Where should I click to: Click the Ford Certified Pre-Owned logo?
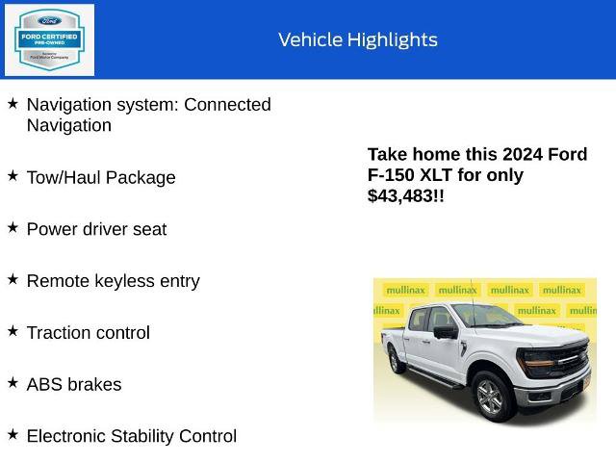[x=50, y=39]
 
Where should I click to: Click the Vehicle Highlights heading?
[x=357, y=39]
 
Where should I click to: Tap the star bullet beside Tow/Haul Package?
[x=13, y=176]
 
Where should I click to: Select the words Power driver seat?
[x=96, y=229]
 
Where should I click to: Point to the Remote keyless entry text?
[x=113, y=281]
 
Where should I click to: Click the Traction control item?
[x=88, y=333]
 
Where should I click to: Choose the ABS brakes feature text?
[x=73, y=385]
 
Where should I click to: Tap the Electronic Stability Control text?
[x=131, y=436]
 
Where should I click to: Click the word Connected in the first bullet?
[x=227, y=104]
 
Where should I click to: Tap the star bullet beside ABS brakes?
[x=13, y=383]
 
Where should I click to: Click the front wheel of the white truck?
[x=490, y=398]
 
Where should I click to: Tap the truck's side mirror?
[x=445, y=332]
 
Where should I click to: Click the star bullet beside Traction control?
[x=13, y=331]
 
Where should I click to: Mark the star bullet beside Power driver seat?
[x=13, y=228]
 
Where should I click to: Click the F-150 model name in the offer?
[x=394, y=175]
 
